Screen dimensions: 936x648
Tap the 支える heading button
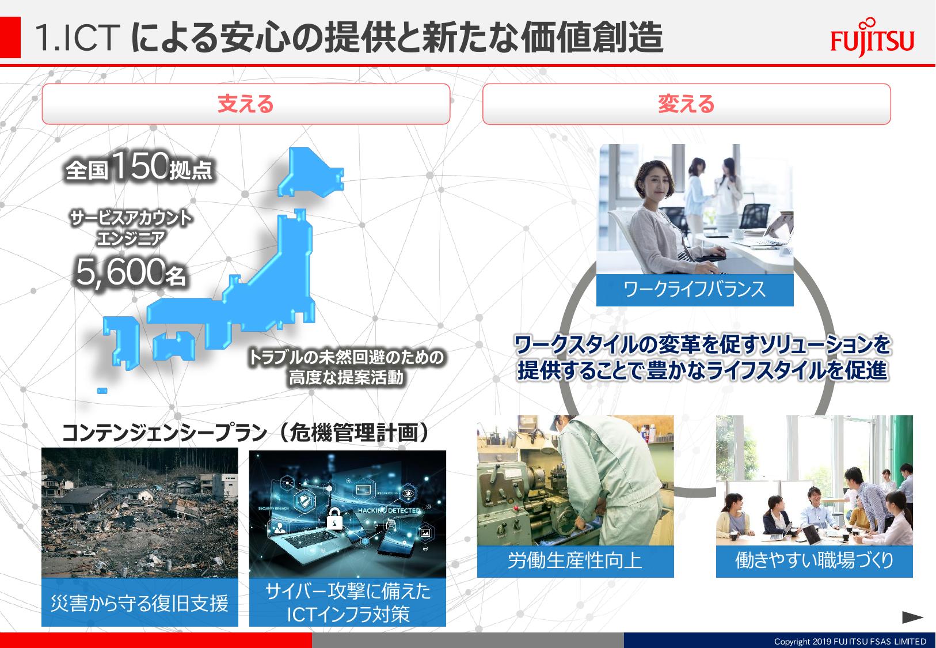click(246, 104)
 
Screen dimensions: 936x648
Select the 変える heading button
click(686, 104)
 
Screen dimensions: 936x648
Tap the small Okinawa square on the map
click(102, 391)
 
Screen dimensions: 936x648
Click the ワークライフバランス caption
click(694, 290)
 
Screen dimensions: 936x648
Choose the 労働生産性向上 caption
click(575, 560)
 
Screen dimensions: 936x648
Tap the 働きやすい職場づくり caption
click(814, 560)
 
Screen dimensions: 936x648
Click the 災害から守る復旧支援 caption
click(139, 603)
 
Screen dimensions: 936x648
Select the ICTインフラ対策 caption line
click(348, 614)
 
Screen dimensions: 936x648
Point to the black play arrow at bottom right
click(912, 617)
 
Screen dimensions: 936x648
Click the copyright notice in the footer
click(850, 641)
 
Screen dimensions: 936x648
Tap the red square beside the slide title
click(10, 37)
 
